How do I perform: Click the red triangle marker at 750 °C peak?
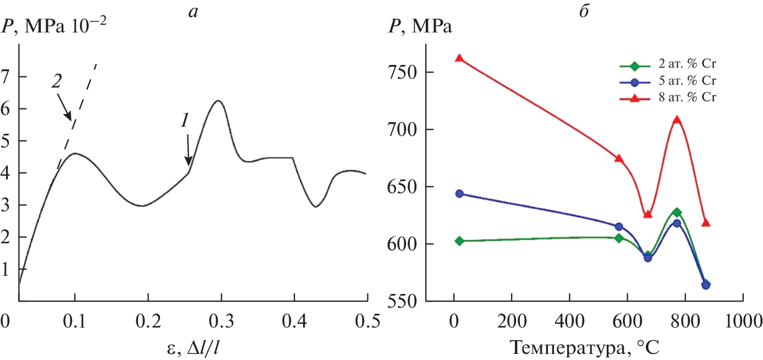pos(677,120)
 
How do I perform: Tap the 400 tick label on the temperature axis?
pos(570,321)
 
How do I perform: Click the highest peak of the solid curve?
pos(218,101)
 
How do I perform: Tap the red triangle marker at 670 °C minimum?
pos(647,214)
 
